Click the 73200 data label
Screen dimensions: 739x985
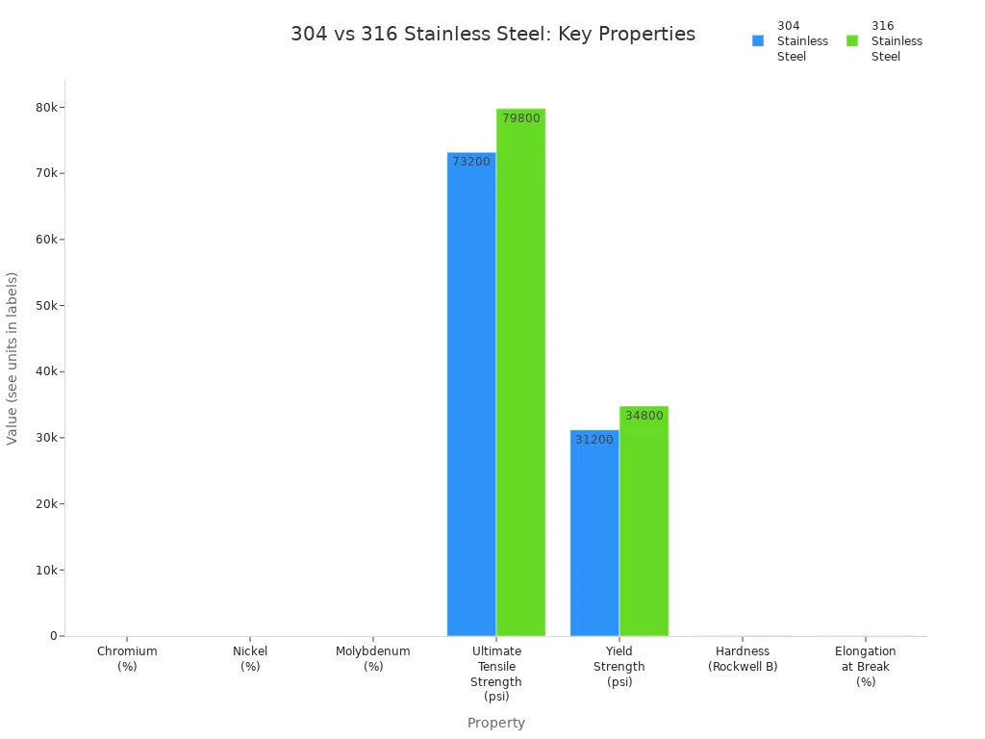[x=471, y=162]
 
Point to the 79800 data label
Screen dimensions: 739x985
[x=521, y=118]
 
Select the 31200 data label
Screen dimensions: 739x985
[x=594, y=440]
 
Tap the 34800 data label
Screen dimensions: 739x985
[x=644, y=416]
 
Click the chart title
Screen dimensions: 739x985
[x=492, y=35]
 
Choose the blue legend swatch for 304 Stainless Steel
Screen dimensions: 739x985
[x=758, y=40]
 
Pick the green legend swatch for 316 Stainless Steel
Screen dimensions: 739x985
[x=852, y=40]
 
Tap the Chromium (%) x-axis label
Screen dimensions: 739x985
[x=127, y=658]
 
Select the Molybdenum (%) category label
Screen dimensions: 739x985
[x=373, y=658]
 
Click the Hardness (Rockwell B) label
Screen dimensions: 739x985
[x=743, y=658]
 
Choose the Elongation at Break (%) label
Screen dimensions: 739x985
[x=866, y=666]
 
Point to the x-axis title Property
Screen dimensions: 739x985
[x=496, y=723]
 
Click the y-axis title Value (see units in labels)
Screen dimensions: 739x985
[x=13, y=358]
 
